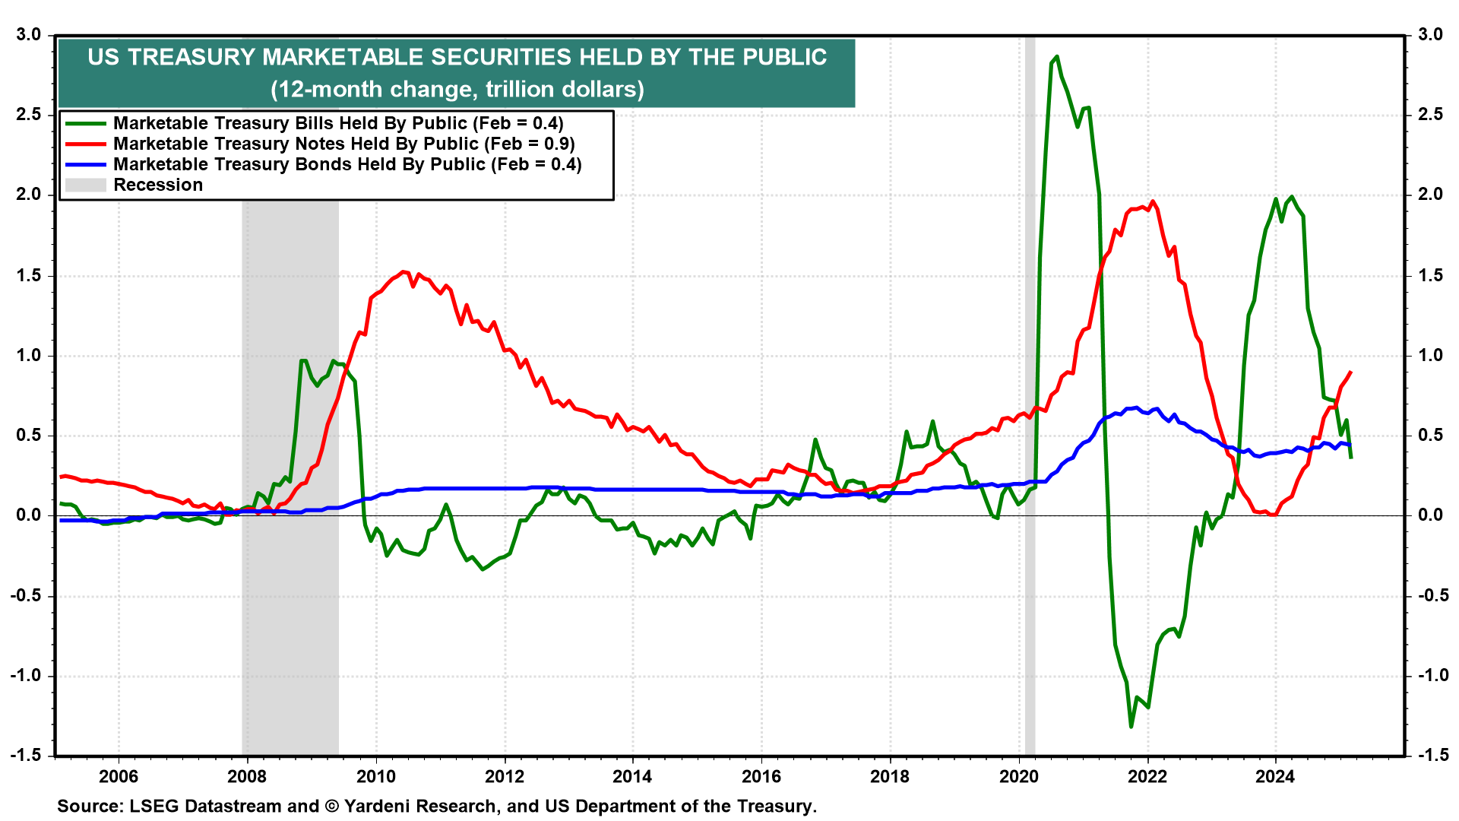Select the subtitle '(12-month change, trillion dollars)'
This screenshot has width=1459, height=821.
tap(457, 90)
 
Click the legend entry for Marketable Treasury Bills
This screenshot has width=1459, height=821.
tap(337, 123)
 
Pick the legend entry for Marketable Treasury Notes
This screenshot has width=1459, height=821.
tap(343, 144)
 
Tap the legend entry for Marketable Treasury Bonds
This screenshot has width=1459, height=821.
tap(347, 164)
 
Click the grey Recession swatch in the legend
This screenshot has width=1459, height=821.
tap(85, 185)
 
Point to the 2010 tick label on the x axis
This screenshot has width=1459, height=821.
tap(376, 776)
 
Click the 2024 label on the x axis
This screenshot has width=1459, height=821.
tap(1275, 776)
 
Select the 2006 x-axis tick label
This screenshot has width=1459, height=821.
tap(119, 776)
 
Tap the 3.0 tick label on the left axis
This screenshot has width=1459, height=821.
tap(28, 35)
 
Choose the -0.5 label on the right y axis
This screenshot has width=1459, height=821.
tap(1429, 595)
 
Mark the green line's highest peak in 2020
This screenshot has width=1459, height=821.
tap(1057, 57)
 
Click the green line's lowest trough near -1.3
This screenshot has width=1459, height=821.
tap(1131, 727)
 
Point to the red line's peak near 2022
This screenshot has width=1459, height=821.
tap(1153, 201)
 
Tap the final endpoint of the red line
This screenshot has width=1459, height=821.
tap(1350, 372)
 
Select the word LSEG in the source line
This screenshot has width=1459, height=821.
tap(151, 807)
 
